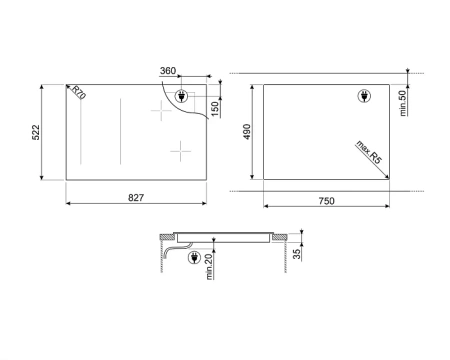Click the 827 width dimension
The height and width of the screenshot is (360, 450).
[x=136, y=198]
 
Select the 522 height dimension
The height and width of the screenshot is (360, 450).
[x=36, y=132]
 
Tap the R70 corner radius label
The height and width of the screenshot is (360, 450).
[x=79, y=93]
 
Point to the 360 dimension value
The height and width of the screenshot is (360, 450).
[x=168, y=71]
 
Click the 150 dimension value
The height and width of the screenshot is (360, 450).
[x=215, y=109]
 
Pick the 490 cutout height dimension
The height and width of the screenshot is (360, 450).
[x=247, y=132]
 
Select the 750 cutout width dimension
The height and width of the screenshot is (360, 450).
[x=326, y=201]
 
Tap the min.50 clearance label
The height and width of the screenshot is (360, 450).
[x=403, y=103]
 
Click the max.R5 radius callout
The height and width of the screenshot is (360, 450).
[x=369, y=152]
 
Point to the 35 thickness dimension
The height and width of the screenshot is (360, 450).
[x=296, y=254]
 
